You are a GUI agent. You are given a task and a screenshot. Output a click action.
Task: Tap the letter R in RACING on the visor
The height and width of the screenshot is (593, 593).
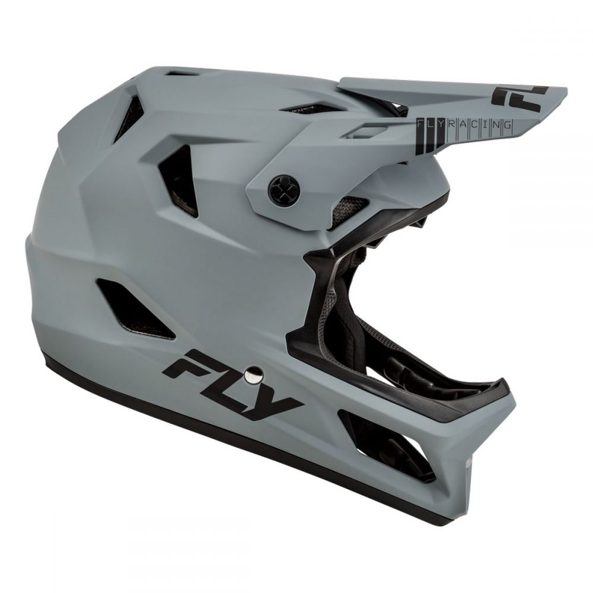click(448, 124)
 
